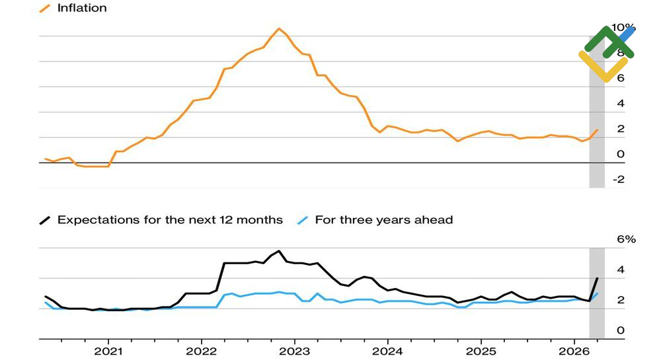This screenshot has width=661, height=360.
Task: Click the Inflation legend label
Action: [x=82, y=9]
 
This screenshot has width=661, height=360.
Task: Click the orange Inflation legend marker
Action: [x=45, y=9]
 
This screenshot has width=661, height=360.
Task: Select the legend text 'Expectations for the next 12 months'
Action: [x=170, y=220]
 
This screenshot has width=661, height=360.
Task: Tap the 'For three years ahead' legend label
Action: [x=383, y=220]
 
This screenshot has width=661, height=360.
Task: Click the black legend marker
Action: [x=45, y=220]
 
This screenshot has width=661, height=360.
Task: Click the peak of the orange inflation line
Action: [x=279, y=28]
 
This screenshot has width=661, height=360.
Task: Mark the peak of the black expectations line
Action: [x=279, y=251]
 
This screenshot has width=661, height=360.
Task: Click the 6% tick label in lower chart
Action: [x=625, y=240]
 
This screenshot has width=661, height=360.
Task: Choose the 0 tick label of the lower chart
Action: [x=620, y=330]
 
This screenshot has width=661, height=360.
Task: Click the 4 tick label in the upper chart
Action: [x=620, y=104]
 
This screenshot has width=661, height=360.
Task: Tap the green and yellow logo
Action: [x=606, y=53]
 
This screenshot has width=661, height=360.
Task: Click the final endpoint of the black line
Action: [x=598, y=278]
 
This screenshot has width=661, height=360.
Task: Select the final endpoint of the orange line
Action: [x=598, y=129]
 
